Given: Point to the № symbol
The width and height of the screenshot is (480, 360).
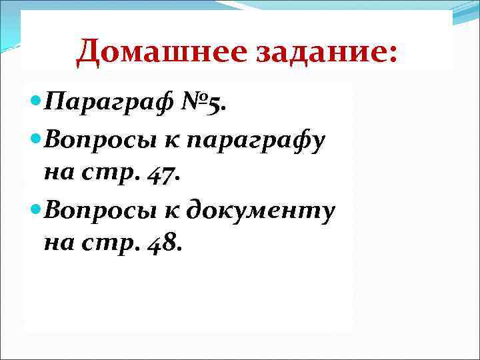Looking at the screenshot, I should pyautogui.click(x=195, y=103).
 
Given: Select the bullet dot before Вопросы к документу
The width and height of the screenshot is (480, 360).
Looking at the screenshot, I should pyautogui.click(x=36, y=210).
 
